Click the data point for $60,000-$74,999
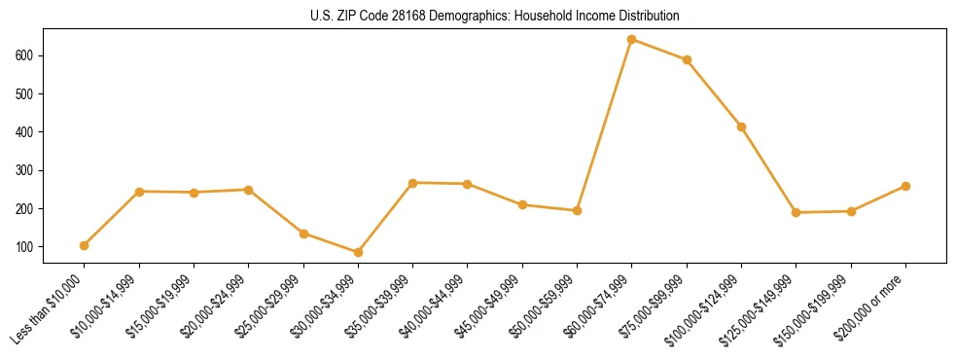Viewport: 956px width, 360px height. point(632,40)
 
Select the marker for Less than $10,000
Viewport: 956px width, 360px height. point(85,245)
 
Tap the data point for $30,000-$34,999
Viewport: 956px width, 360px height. point(358,252)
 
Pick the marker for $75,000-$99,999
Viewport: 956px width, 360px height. point(687,59)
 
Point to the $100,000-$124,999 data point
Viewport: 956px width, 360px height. point(742,126)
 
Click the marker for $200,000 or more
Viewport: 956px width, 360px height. point(905,186)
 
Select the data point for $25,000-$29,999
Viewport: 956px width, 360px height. point(303,234)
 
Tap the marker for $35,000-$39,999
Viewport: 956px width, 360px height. point(413,183)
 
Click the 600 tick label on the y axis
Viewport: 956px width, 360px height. point(25,55)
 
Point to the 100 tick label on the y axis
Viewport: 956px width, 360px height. point(25,246)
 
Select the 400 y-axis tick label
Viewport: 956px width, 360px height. point(25,132)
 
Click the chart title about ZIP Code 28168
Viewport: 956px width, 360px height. point(478,17)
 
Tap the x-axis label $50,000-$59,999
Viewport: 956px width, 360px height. point(551,304)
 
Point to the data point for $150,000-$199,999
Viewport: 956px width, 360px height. point(851,211)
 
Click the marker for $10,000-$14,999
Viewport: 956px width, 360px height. point(140,192)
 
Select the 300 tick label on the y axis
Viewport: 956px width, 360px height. point(25,170)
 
